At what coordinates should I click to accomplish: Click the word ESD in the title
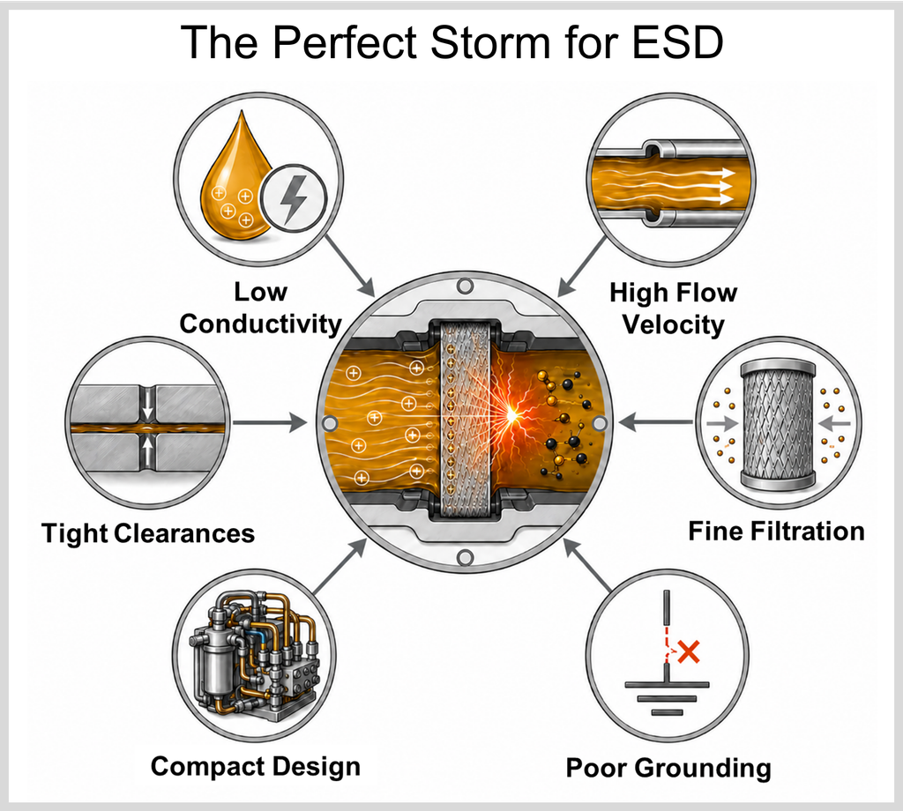[677, 41]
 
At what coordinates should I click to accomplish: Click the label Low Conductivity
[260, 308]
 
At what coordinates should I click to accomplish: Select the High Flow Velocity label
[673, 308]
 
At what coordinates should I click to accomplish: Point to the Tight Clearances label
[148, 533]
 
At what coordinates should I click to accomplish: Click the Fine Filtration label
[776, 531]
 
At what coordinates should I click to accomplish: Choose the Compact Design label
[256, 766]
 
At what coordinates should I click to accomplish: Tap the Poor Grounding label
[668, 767]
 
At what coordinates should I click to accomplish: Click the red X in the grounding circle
[689, 651]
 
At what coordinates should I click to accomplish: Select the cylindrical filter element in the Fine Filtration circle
[778, 424]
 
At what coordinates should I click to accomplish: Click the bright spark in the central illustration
[511, 413]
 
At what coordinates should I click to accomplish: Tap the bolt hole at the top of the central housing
[465, 286]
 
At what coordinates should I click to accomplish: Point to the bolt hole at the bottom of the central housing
[465, 557]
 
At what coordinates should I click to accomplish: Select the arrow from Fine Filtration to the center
[656, 422]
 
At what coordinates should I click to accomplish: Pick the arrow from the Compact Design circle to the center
[340, 566]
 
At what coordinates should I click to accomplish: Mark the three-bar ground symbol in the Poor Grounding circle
[667, 698]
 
